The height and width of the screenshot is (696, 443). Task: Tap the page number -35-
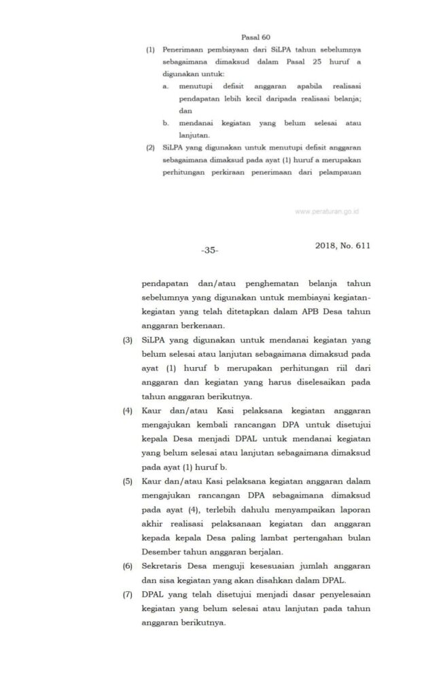tap(209, 251)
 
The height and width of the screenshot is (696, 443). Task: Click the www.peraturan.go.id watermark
tap(327, 211)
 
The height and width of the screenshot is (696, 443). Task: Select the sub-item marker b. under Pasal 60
tap(165, 123)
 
